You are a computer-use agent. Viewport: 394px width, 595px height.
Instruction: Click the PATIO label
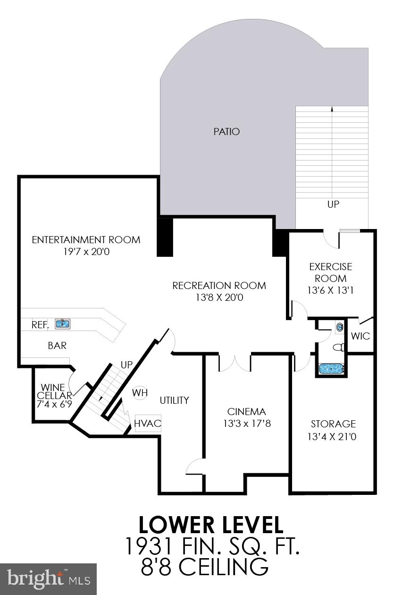226,131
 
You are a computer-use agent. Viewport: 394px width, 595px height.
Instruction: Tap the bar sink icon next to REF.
62,324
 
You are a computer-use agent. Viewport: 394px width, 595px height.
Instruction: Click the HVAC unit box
147,423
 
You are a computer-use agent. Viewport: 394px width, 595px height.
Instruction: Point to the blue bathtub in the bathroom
332,369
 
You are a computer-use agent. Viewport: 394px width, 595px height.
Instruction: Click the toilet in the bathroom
338,348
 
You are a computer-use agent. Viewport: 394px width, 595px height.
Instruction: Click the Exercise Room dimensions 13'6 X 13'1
330,290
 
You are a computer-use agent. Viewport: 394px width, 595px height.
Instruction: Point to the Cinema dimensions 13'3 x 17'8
247,424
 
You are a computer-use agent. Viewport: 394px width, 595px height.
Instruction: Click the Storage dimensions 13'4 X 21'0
333,436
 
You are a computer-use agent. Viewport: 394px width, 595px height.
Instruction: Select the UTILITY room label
174,400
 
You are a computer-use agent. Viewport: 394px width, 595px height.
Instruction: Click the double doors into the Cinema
235,364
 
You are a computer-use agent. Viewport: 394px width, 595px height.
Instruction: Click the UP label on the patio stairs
333,204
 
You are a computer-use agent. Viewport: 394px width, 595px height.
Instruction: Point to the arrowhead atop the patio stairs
332,109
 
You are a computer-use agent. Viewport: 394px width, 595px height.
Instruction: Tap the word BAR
57,346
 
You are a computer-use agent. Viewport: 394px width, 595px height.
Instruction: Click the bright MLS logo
48,579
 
